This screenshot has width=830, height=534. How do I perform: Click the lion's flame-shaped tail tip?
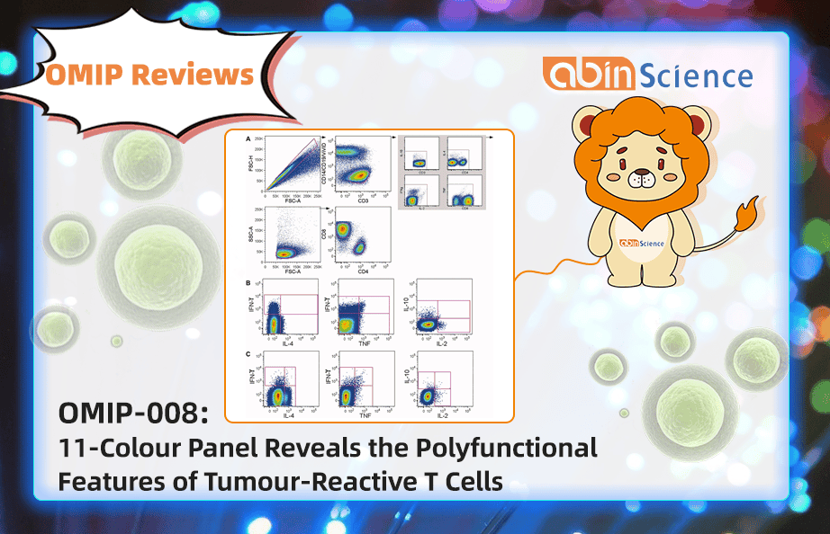click(746, 215)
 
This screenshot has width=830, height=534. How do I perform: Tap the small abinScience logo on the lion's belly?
click(640, 242)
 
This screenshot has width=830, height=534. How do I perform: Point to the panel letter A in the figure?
click(248, 139)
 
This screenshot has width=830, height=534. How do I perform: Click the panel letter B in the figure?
click(248, 283)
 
